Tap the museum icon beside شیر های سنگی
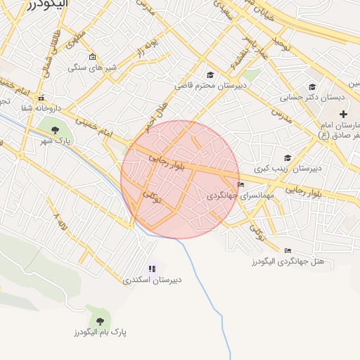92,57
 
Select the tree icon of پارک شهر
55,129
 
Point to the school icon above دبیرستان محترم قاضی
210,75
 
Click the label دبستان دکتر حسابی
307,98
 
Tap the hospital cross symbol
343,114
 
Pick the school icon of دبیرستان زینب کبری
287,158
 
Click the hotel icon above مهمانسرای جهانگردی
242,185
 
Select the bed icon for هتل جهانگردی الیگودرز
288,250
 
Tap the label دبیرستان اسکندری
152,279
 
